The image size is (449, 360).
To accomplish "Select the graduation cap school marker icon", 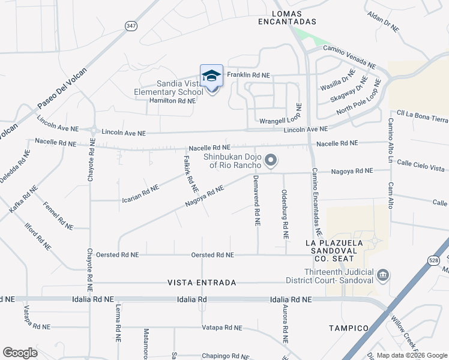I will click(211, 76).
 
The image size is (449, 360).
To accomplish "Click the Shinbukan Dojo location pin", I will click(271, 160).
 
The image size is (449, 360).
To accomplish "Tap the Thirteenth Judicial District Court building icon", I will click(382, 275).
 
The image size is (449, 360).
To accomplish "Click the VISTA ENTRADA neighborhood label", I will click(201, 282).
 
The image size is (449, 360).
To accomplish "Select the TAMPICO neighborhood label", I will click(348, 328).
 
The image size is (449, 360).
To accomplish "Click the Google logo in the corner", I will click(20, 352).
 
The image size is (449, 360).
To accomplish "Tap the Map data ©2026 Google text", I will click(411, 355).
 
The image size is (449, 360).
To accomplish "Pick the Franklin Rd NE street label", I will click(249, 76).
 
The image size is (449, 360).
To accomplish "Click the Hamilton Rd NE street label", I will click(172, 101).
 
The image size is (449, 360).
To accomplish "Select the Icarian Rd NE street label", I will click(140, 191).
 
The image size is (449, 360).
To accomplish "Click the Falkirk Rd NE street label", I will click(187, 167).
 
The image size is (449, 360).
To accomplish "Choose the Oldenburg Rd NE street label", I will click(285, 215).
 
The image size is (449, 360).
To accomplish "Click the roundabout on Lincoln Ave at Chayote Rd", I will click(94, 130).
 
